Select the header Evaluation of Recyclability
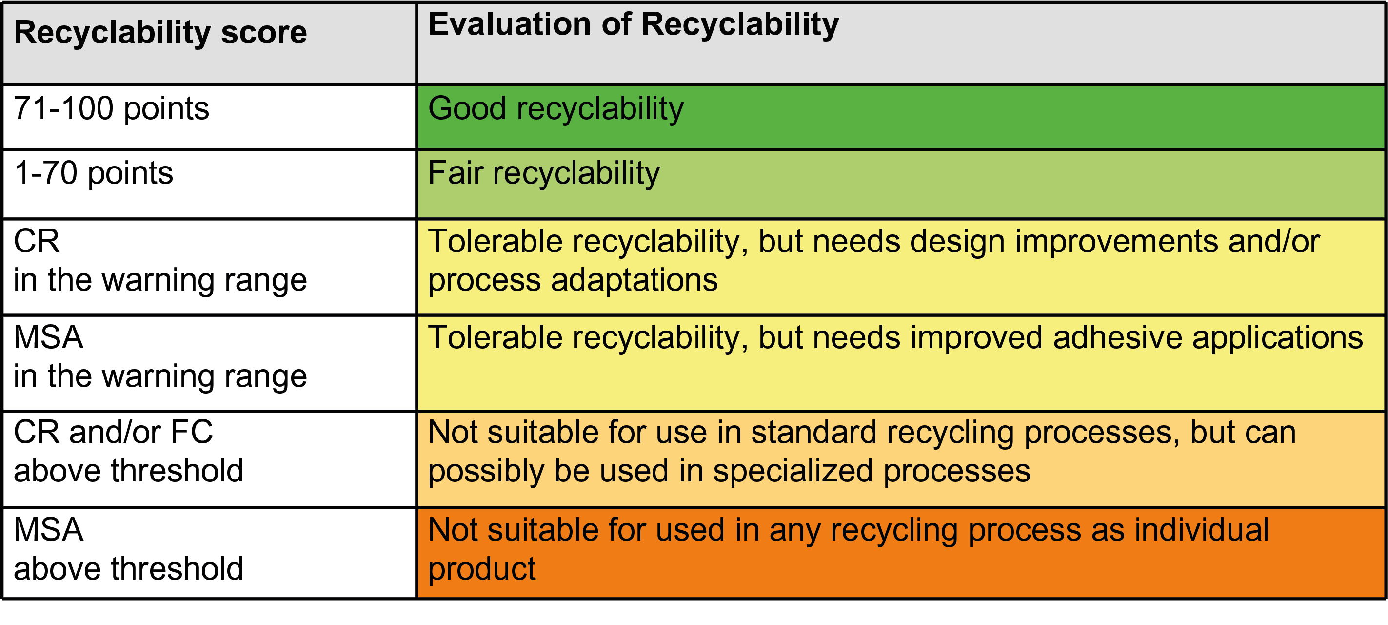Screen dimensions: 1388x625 coord(633,25)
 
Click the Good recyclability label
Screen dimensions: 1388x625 coord(555,109)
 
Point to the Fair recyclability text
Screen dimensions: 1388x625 coord(544,174)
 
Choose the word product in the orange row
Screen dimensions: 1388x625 coord(482,569)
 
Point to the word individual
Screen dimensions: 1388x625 coord(1201,530)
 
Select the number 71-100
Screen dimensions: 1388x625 coord(63,108)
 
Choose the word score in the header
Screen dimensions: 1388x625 coord(264,33)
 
